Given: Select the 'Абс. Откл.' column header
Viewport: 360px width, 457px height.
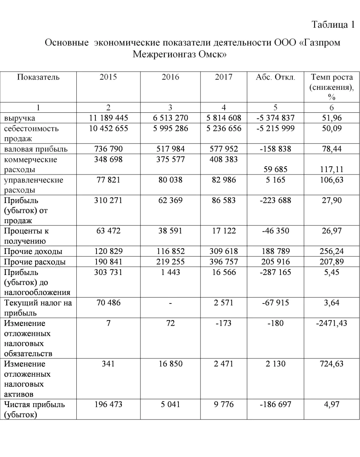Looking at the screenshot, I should [x=275, y=77].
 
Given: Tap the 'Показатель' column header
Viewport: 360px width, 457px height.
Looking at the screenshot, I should [x=38, y=77].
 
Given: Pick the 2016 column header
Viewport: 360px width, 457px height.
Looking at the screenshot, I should [x=170, y=77].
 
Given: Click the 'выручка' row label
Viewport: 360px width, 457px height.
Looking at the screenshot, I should [x=19, y=118].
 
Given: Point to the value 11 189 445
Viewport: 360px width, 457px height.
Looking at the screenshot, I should [x=108, y=118].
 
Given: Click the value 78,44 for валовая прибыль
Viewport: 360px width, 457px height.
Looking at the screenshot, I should [x=332, y=149].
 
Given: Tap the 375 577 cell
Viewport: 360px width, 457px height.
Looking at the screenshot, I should [x=170, y=159].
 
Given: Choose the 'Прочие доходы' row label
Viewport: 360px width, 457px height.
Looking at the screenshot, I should [x=33, y=252].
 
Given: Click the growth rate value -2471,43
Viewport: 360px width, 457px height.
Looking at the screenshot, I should [x=332, y=324].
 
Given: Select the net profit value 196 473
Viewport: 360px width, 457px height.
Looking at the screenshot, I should [x=108, y=405].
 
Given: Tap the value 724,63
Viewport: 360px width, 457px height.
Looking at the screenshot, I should [x=332, y=364].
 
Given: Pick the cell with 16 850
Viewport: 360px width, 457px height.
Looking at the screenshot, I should [x=170, y=364].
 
